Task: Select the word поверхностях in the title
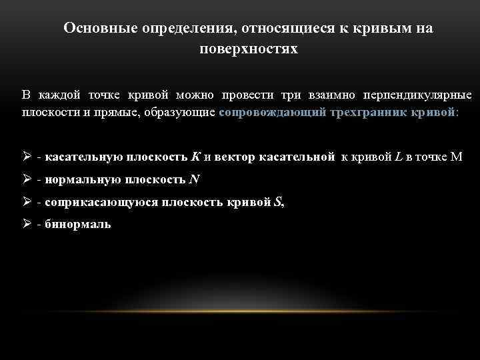click(249, 49)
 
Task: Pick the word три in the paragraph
click(291, 95)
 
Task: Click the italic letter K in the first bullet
click(195, 157)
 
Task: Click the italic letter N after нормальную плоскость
click(195, 179)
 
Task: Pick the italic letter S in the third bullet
click(278, 202)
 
